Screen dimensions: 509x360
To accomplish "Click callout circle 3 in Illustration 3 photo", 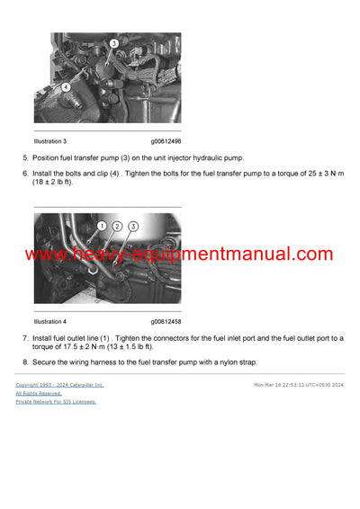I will click(114, 43).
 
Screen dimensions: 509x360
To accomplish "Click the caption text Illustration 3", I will click(50, 141).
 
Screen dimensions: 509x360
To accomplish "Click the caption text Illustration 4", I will click(50, 321).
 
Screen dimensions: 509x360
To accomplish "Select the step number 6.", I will click(25, 173).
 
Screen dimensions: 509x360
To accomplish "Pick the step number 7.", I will click(25, 338).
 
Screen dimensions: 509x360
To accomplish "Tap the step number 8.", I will click(25, 362).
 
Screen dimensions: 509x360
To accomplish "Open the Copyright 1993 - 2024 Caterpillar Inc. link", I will click(59, 385).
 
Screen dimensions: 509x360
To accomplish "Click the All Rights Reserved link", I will click(39, 393).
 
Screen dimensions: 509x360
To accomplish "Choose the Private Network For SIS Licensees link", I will click(56, 402).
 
